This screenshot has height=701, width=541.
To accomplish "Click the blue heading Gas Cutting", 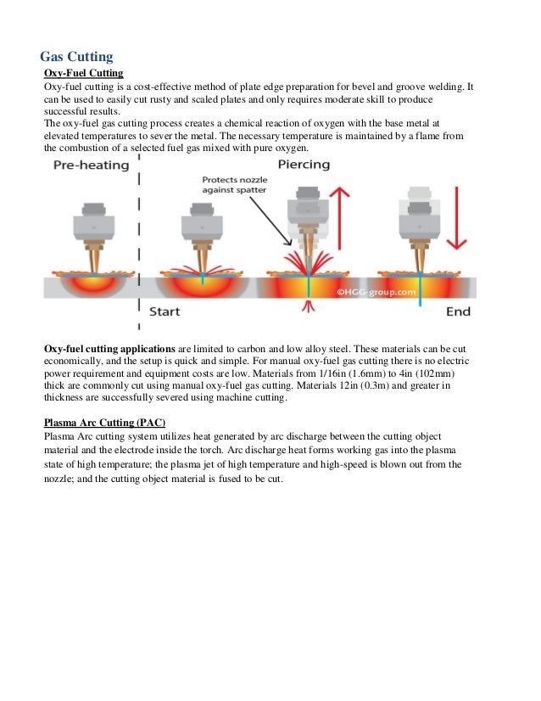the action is [x=76, y=57].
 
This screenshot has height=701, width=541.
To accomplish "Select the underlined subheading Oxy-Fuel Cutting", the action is [x=84, y=74].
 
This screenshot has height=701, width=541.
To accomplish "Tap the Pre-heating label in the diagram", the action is [x=92, y=165].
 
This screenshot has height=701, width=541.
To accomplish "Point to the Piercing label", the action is [x=304, y=165].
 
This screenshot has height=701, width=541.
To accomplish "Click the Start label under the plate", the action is [x=165, y=311].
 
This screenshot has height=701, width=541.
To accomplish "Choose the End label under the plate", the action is [x=458, y=311].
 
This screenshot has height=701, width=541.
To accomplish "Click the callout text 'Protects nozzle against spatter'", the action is [x=234, y=185].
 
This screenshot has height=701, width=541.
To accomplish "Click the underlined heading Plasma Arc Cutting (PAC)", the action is [x=104, y=423].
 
